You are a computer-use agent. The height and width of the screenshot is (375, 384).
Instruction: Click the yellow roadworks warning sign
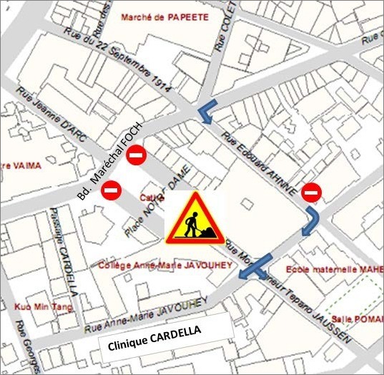click(194, 218)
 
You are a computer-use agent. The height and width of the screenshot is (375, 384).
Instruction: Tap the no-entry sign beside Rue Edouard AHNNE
click(311, 192)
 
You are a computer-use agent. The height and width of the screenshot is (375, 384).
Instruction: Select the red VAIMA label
click(22, 165)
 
